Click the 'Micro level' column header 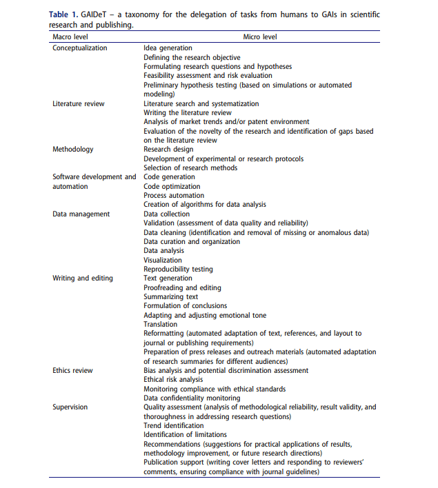[260, 36]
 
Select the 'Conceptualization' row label [80, 48]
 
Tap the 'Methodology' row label [73, 150]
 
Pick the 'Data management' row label [81, 214]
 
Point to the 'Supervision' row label [70, 407]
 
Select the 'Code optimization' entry [172, 187]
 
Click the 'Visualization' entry [163, 261]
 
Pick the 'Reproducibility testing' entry [178, 270]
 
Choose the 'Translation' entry [160, 325]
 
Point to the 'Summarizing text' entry [170, 297]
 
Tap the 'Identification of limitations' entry [185, 435]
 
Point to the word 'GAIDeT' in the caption [103, 14]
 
